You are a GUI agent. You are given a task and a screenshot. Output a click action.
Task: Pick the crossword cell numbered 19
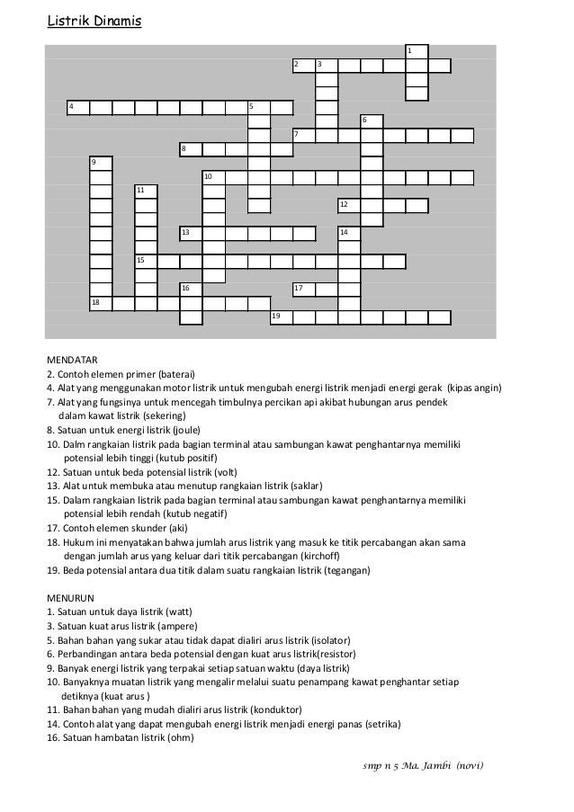[282, 317]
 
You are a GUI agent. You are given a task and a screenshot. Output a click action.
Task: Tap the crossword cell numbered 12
[349, 206]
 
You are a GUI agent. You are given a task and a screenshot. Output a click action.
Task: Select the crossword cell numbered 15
[146, 261]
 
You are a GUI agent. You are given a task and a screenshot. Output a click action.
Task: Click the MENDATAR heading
[72, 358]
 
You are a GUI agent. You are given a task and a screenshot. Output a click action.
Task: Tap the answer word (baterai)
[176, 373]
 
